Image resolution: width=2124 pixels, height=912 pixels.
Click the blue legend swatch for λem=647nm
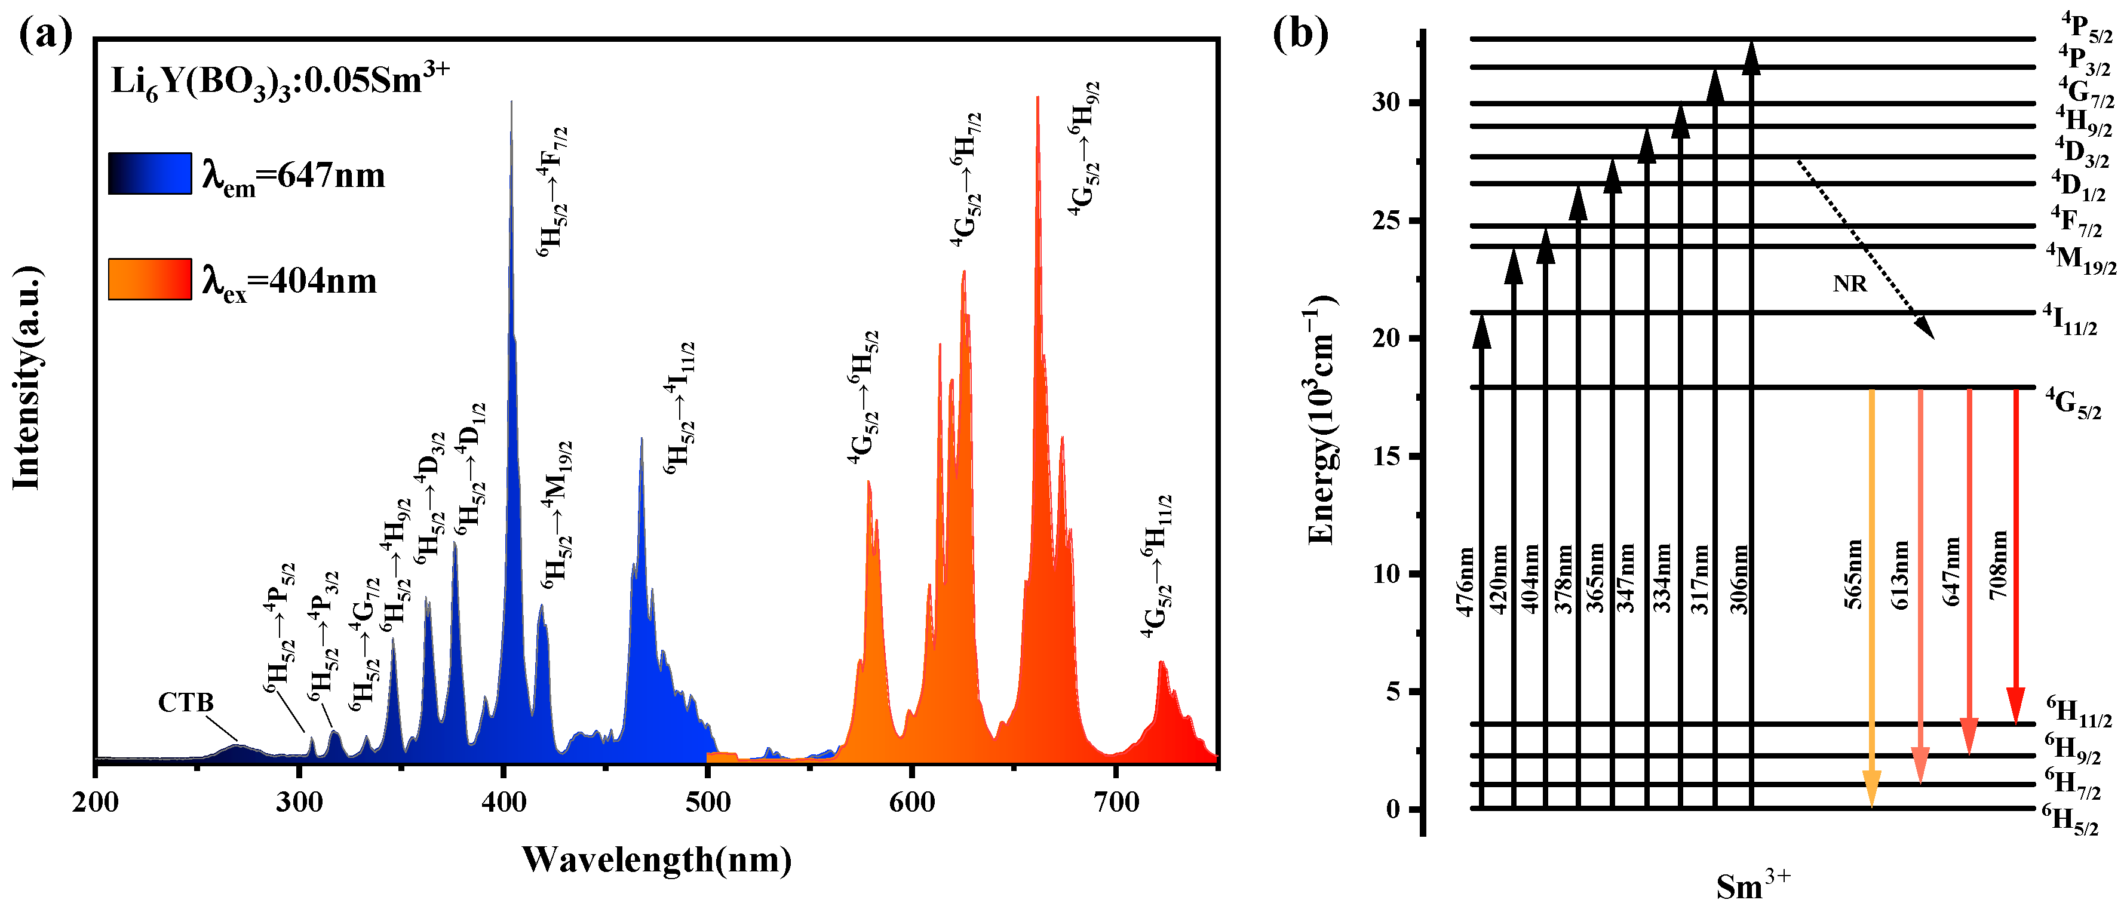pos(149,173)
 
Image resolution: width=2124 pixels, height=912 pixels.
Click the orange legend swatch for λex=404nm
pos(149,279)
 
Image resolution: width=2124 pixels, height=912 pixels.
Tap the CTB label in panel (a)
pos(186,702)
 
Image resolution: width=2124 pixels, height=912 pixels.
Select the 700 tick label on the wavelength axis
pos(1116,802)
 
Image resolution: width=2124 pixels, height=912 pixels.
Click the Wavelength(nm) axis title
pos(656,860)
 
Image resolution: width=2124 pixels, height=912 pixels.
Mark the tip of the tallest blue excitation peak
pos(511,102)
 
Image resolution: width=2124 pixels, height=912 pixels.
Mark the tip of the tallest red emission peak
pos(1038,97)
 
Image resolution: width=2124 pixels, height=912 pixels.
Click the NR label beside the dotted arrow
pos(1849,284)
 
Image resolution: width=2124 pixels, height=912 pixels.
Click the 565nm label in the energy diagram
pos(1853,574)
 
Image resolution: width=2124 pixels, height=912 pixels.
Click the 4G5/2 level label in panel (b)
pos(2073,404)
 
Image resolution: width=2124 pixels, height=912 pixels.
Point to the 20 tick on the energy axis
pos(1387,339)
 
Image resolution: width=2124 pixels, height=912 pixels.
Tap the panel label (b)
pos(1300,35)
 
